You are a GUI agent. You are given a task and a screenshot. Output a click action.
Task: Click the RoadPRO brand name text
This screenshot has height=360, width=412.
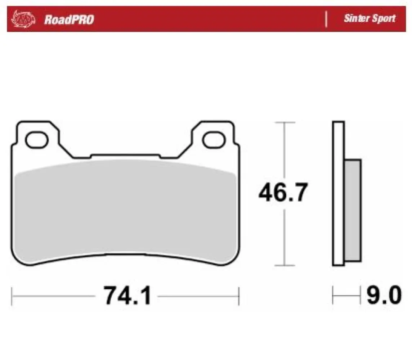pyautogui.click(x=69, y=19)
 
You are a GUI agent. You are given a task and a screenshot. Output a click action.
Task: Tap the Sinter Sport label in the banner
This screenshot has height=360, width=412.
pyautogui.click(x=370, y=19)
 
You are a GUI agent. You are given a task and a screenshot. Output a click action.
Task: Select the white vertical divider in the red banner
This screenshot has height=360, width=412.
pyautogui.click(x=326, y=19)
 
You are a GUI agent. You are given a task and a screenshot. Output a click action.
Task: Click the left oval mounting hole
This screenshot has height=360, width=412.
pyautogui.click(x=37, y=140)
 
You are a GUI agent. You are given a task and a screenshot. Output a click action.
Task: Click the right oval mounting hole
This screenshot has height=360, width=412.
pyautogui.click(x=213, y=140)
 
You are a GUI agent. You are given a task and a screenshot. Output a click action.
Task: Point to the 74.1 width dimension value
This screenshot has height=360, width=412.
pyautogui.click(x=127, y=296)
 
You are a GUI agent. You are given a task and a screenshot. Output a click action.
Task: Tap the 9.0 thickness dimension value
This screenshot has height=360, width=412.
pyautogui.click(x=384, y=296)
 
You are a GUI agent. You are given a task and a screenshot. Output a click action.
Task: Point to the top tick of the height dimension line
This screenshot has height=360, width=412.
pyautogui.click(x=285, y=122)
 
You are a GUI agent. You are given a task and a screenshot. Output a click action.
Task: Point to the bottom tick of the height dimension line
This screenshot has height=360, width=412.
pyautogui.click(x=285, y=266)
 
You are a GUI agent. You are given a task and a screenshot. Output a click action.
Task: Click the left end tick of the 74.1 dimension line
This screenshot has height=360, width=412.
pyautogui.click(x=12, y=296)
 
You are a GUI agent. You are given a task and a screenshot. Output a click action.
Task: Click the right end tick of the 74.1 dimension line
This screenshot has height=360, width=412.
pyautogui.click(x=239, y=296)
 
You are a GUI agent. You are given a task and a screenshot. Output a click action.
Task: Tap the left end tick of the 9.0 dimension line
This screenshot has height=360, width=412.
pyautogui.click(x=333, y=296)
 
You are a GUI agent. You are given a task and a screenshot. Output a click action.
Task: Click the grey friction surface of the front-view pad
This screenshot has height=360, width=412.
pyautogui.click(x=124, y=209)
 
